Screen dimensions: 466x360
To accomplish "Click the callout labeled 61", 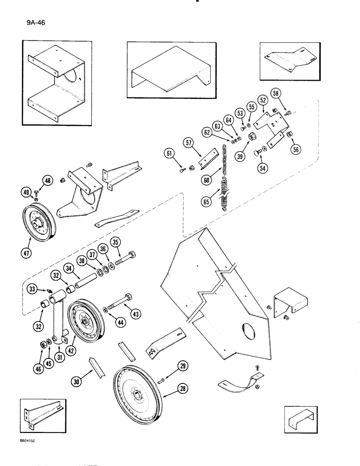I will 168,153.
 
